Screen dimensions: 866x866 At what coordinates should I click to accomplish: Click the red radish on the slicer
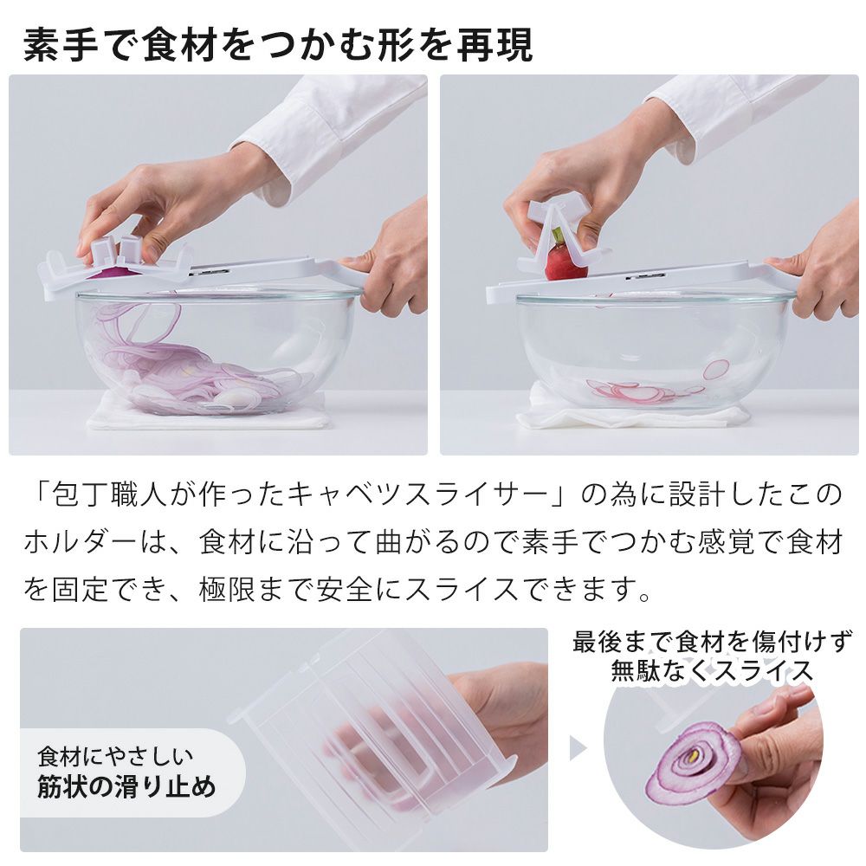point(565,262)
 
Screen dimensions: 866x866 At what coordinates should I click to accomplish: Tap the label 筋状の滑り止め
point(126,787)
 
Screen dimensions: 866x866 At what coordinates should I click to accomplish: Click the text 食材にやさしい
point(115,757)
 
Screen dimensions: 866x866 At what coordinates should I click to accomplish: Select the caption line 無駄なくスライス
point(712,671)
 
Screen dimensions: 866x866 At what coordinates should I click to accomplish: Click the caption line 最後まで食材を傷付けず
point(712,641)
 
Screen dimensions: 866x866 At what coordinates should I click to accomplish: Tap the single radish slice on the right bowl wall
point(716,369)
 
